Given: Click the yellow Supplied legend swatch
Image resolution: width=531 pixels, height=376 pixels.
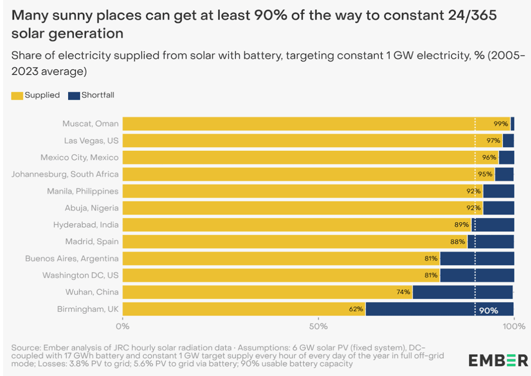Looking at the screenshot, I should [x=17, y=95].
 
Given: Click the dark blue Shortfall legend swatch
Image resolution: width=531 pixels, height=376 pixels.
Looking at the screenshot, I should [x=74, y=95].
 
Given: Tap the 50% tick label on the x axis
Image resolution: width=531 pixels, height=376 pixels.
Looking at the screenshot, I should [x=318, y=327].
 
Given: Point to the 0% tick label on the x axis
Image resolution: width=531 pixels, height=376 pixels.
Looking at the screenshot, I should [x=123, y=327].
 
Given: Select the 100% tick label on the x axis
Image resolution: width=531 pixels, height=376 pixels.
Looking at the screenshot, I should [x=514, y=327].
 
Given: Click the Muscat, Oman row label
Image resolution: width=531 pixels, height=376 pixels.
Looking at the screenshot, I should [x=90, y=124].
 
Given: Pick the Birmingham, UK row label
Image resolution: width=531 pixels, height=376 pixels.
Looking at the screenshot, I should [x=88, y=309].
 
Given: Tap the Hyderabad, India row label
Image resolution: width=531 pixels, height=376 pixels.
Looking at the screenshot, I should [x=86, y=224].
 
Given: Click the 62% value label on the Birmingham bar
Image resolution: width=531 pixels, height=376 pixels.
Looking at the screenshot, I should [x=356, y=309].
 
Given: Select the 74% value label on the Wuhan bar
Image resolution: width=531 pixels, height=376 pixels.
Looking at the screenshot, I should [x=403, y=292].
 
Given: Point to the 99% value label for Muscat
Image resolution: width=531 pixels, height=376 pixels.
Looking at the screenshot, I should [x=500, y=124].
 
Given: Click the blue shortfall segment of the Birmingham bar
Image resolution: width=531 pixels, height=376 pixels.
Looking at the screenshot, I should [x=420, y=309].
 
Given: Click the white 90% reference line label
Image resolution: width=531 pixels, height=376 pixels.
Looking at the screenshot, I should [x=488, y=311].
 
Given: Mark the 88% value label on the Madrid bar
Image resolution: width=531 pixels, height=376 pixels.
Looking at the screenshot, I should [x=458, y=242].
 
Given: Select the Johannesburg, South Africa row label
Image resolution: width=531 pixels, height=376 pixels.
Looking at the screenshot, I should [x=65, y=174].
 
